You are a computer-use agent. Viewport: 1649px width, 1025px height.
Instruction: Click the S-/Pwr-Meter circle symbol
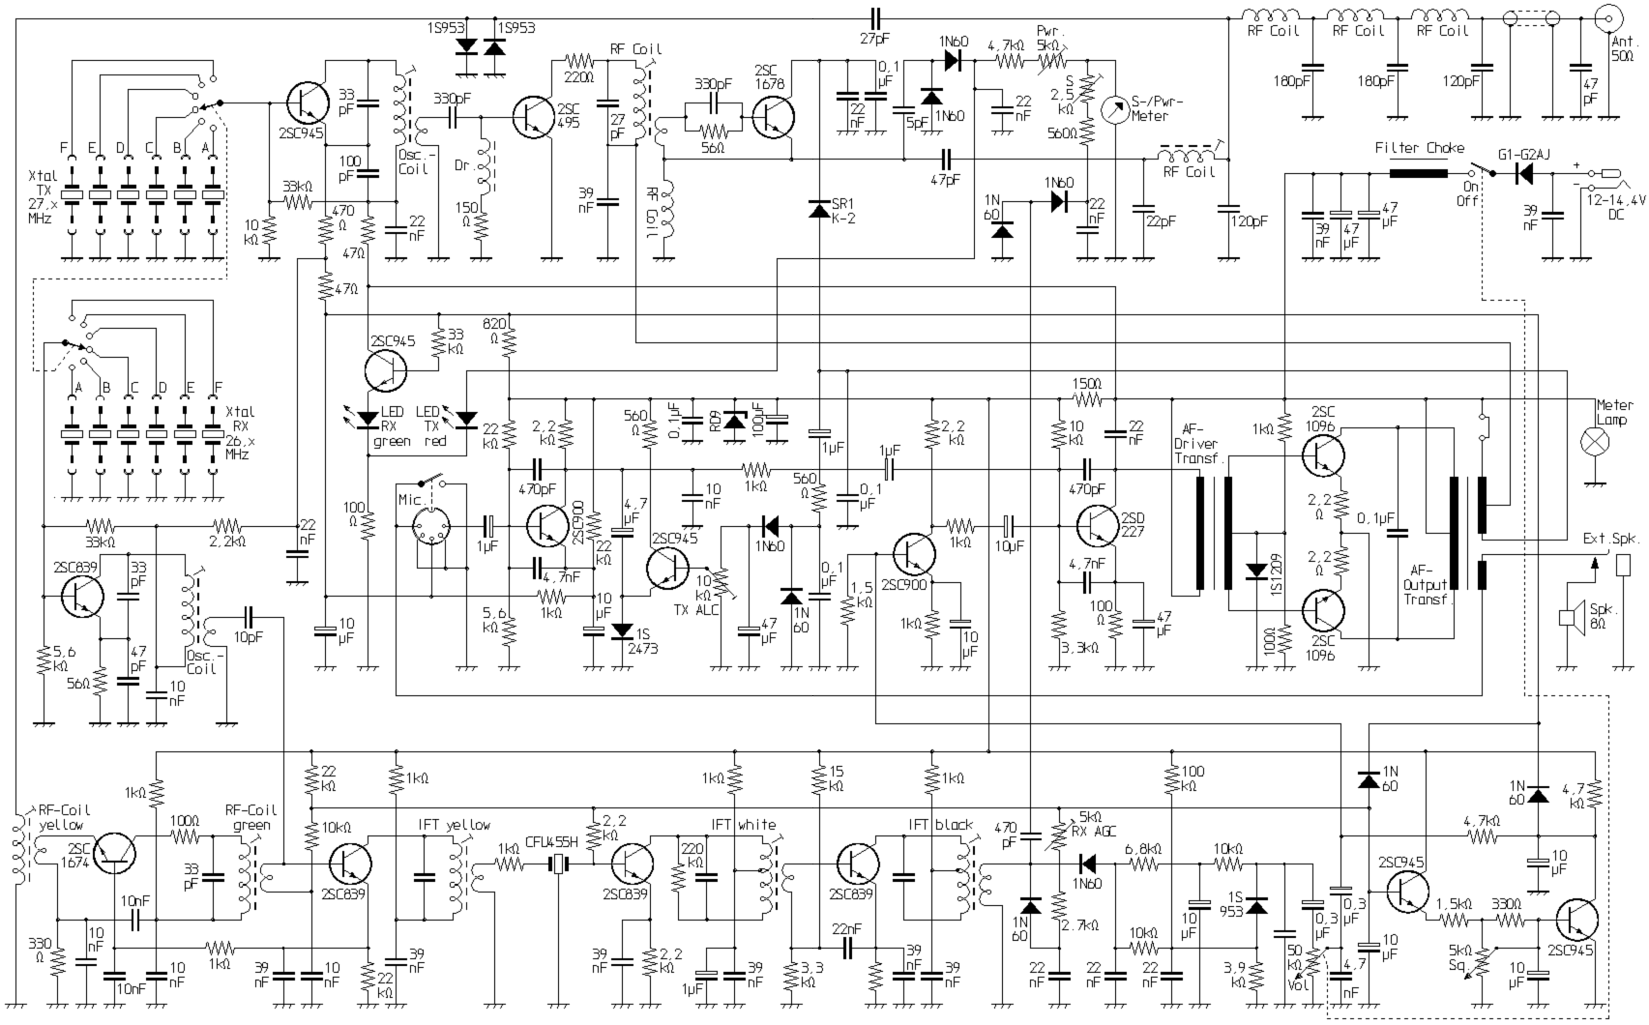click(1116, 104)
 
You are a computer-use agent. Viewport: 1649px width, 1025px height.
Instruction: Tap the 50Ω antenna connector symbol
click(1610, 19)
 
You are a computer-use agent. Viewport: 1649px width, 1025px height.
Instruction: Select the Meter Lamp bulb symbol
click(1593, 442)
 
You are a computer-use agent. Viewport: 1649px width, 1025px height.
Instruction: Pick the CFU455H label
click(552, 840)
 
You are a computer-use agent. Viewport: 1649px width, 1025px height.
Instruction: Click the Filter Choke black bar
click(1419, 174)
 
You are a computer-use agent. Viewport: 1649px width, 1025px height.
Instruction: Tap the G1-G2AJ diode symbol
click(1524, 174)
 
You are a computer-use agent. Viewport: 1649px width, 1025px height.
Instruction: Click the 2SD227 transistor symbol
click(1097, 527)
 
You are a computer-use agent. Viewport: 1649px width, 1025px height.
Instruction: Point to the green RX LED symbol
click(368, 419)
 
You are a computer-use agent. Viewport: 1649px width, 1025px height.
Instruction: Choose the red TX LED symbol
click(467, 419)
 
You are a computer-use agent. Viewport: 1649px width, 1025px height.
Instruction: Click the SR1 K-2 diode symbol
click(819, 208)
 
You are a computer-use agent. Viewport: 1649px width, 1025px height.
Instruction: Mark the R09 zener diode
click(735, 422)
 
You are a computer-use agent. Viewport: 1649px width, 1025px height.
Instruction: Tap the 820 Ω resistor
click(509, 339)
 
